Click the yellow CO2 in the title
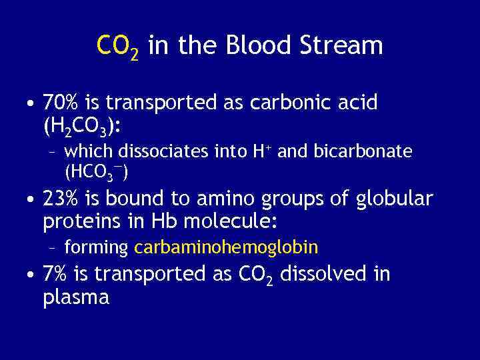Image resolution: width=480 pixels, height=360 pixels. [x=117, y=47]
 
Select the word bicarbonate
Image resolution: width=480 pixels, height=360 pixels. [x=367, y=152]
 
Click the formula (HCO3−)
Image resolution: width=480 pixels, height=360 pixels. [x=97, y=173]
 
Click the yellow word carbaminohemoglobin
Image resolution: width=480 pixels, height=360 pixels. [x=226, y=248]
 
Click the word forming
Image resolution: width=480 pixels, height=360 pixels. [x=96, y=248]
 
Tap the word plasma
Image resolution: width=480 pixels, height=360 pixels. [x=75, y=297]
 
